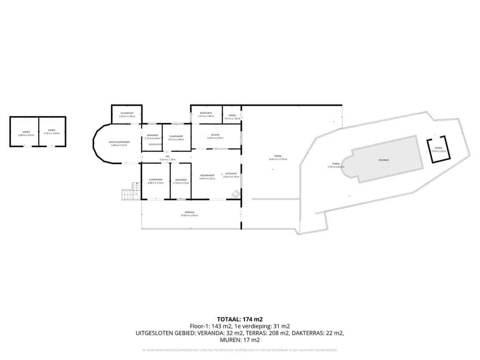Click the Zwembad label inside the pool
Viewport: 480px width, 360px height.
coord(384,160)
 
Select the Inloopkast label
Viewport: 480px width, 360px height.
coord(127,114)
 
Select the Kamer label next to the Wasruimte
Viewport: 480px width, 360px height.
coord(232,117)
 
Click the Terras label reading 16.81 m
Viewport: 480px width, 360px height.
coord(278,157)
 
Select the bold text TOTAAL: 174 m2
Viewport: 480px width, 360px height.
coord(240,319)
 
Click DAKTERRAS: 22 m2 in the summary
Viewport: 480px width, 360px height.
coord(318,333)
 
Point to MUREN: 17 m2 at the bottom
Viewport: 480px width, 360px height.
coord(240,340)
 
